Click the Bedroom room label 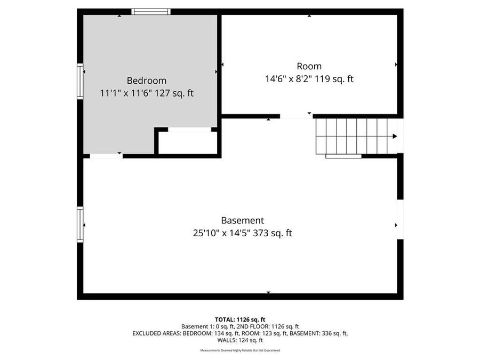[146, 81]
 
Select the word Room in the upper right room [309, 66]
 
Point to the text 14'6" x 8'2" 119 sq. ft [309, 79]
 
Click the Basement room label [242, 220]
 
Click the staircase [352, 136]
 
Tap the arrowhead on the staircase [395, 136]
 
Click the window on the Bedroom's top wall [151, 11]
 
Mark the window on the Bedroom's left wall [80, 81]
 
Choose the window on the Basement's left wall [80, 225]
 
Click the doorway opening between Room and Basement [296, 116]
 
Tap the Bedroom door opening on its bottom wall [106, 156]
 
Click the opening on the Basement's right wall [400, 219]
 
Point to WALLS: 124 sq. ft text [240, 340]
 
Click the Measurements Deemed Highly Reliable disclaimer [240, 350]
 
